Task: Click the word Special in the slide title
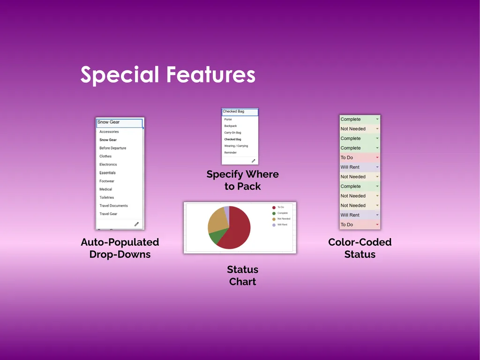(x=120, y=75)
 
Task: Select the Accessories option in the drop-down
(x=109, y=132)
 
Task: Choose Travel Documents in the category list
(x=113, y=206)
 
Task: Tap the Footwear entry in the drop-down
(x=107, y=181)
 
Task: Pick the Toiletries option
(x=106, y=197)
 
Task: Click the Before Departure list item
(x=112, y=148)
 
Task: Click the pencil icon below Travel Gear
(x=136, y=224)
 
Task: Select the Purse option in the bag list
(x=228, y=120)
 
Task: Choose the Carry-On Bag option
(x=232, y=133)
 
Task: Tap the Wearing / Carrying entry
(x=236, y=146)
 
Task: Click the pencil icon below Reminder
(x=254, y=161)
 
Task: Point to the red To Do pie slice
(x=237, y=230)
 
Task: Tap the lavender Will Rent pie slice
(x=226, y=210)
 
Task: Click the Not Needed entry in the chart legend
(x=284, y=219)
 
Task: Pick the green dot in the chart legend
(x=274, y=213)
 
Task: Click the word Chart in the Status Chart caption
(x=242, y=282)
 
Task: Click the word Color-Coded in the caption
(x=360, y=242)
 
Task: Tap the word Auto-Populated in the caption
(x=120, y=242)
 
